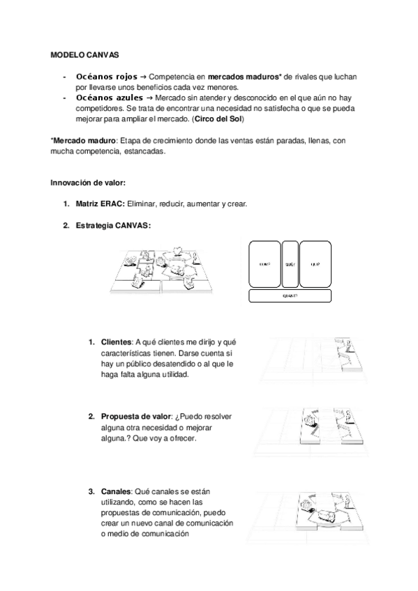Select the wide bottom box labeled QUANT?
point(290,296)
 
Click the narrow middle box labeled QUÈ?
point(290,263)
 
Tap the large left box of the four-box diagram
point(264,263)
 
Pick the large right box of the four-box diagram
point(316,263)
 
